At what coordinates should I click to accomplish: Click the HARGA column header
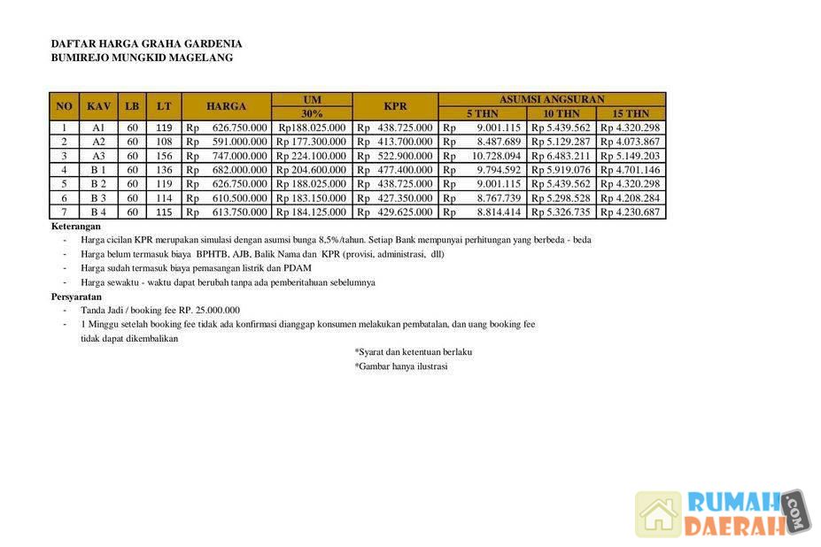pyautogui.click(x=226, y=106)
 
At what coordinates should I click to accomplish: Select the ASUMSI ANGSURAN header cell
pyautogui.click(x=551, y=99)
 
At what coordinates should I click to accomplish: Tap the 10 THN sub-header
pyautogui.click(x=562, y=113)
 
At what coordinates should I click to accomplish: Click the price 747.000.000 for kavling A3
pyautogui.click(x=238, y=156)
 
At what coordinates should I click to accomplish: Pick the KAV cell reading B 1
pyautogui.click(x=98, y=170)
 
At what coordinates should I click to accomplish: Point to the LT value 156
pyautogui.click(x=164, y=156)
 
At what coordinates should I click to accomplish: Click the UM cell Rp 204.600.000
pyautogui.click(x=311, y=170)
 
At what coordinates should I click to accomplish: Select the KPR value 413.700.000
pyautogui.click(x=406, y=142)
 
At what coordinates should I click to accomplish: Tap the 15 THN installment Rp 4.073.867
pyautogui.click(x=630, y=142)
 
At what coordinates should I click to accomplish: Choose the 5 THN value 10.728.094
pyautogui.click(x=495, y=156)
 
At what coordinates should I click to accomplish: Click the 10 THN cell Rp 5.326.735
pyautogui.click(x=561, y=212)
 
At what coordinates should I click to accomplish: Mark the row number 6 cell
pyautogui.click(x=64, y=198)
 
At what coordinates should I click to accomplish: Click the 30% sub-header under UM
pyautogui.click(x=312, y=113)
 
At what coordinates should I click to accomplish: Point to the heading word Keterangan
pyautogui.click(x=76, y=227)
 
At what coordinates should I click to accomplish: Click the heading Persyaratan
pyautogui.click(x=76, y=297)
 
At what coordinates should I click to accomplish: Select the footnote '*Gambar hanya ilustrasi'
pyautogui.click(x=401, y=366)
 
